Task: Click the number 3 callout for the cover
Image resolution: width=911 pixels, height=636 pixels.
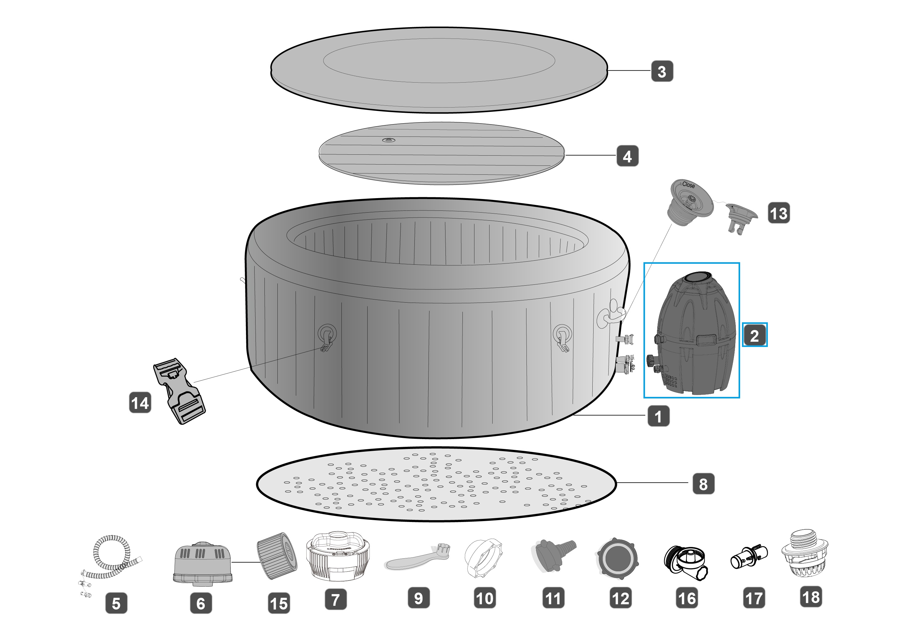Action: pyautogui.click(x=662, y=71)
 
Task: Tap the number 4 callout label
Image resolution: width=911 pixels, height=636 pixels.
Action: pyautogui.click(x=627, y=156)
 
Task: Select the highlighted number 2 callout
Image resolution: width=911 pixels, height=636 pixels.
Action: pyautogui.click(x=754, y=335)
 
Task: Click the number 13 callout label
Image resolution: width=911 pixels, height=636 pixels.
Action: pyautogui.click(x=779, y=213)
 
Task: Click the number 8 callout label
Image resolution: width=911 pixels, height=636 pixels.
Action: pyautogui.click(x=703, y=483)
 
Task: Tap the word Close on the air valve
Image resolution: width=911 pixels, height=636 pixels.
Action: pyautogui.click(x=688, y=185)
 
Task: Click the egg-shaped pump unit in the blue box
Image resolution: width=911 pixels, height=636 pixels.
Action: pyautogui.click(x=695, y=333)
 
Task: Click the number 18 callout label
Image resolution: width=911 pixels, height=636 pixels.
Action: pyautogui.click(x=811, y=597)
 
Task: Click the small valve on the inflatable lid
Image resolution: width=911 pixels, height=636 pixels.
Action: pyautogui.click(x=389, y=140)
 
